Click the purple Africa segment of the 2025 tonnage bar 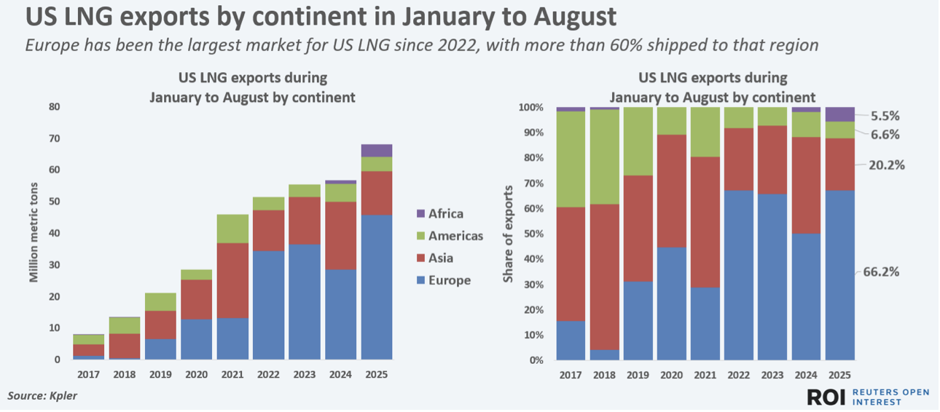pos(377,151)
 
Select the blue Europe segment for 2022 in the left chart pos(268,305)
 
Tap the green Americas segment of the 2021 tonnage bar pos(232,229)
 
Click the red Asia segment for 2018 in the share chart pos(604,277)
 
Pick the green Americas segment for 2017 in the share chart pos(571,159)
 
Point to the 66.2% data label pos(881,272)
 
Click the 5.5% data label pos(885,116)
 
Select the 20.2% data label pos(886,165)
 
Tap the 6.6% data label pos(885,135)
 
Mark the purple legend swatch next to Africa pos(420,214)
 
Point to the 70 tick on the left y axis pos(55,138)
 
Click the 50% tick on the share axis pos(532,234)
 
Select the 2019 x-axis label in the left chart pos(160,374)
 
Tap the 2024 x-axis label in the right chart pos(806,375)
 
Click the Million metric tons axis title pos(34,233)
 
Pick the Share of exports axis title pos(508,234)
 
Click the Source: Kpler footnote pos(42,396)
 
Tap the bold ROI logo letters pos(826,397)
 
